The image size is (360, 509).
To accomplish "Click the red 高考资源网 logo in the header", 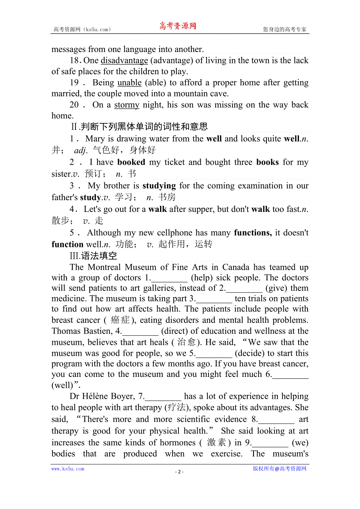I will [177, 27].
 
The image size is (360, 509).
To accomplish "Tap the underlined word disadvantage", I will [124, 61].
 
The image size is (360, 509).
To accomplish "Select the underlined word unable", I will [130, 82].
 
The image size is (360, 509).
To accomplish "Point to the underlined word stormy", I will [127, 105].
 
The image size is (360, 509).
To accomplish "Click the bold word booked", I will [131, 162].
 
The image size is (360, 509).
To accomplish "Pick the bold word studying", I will [159, 186].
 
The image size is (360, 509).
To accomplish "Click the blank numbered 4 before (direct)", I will [140, 332].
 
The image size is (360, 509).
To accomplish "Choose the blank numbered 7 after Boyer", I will [163, 397].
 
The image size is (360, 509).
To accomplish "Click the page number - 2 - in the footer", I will [179, 472].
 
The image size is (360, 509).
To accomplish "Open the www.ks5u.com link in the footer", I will [68, 469].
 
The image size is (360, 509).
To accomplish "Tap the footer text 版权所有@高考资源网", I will [279, 469].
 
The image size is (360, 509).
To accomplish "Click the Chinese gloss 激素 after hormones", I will [216, 443].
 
